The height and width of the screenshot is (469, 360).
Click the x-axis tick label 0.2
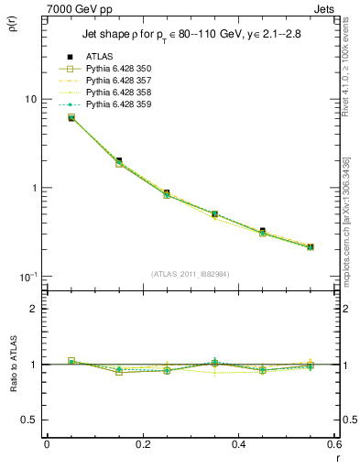[x=142, y=444]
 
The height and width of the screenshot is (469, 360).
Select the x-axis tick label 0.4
[x=238, y=444]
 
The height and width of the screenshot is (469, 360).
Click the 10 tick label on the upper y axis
[x=28, y=99]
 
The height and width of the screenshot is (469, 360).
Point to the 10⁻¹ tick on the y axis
[x=27, y=277]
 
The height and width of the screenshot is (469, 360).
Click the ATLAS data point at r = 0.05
[x=71, y=117]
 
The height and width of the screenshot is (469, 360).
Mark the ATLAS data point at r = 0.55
[x=311, y=246]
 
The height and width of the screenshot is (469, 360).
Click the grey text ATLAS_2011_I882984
[x=191, y=273]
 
